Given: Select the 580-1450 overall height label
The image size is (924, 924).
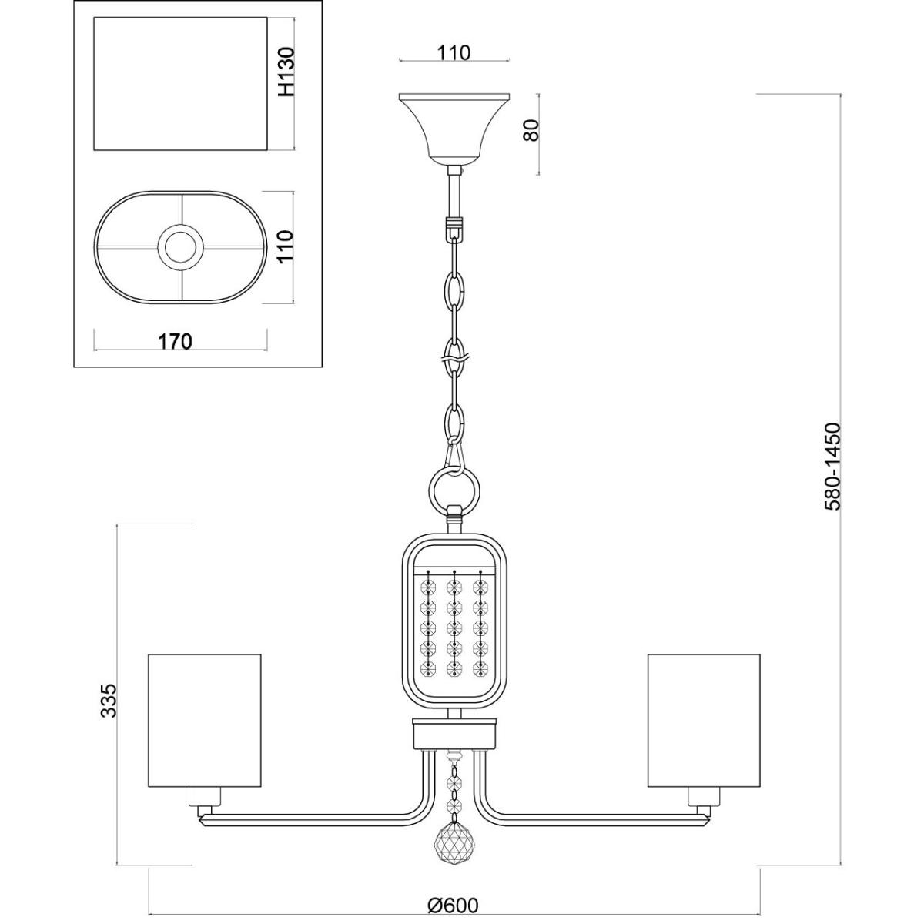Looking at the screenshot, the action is pyautogui.click(x=832, y=467).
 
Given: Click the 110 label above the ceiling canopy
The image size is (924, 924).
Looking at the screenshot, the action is pyautogui.click(x=454, y=53).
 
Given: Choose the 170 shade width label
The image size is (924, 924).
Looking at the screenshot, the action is pyautogui.click(x=175, y=341).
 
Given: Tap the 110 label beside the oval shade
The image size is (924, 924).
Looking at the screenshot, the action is pyautogui.click(x=286, y=246).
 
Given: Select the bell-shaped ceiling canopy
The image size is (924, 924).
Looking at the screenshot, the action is pyautogui.click(x=454, y=129).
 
